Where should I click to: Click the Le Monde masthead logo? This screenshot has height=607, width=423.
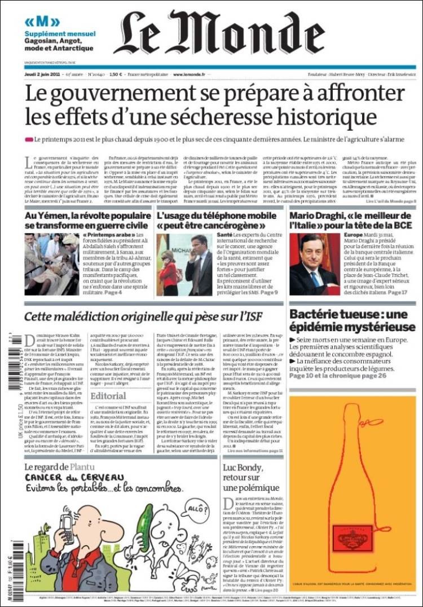pyautogui.click(x=218, y=33)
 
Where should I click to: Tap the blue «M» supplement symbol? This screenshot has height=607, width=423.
pyautogui.click(x=34, y=22)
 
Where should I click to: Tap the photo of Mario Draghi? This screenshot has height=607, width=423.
pyautogui.click(x=315, y=265)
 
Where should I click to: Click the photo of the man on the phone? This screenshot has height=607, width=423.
pyautogui.click(x=185, y=265)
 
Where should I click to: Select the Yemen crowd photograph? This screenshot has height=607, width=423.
pyautogui.click(x=51, y=265)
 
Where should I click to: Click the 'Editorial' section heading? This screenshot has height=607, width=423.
pyautogui.click(x=108, y=396)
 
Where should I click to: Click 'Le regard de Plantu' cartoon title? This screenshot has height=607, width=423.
pyautogui.click(x=59, y=467)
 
